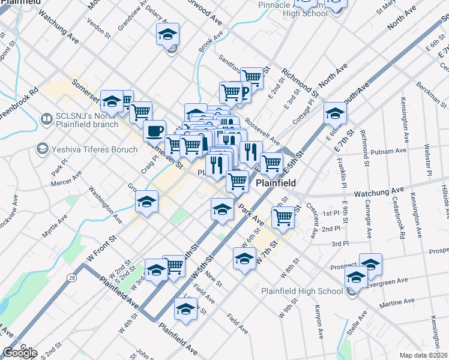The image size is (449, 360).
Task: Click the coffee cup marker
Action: point(154,130)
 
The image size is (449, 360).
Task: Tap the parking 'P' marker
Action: point(245,92)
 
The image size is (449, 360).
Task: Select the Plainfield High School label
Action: point(302,292)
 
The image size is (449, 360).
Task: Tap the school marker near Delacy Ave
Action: point(168,34)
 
